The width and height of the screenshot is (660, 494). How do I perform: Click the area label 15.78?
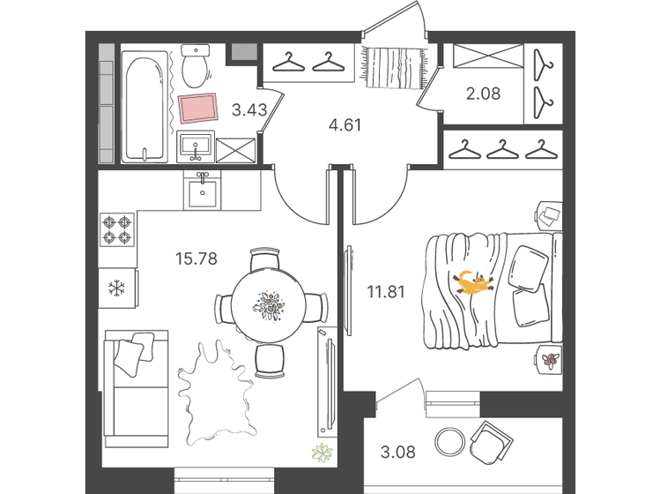point(197,258)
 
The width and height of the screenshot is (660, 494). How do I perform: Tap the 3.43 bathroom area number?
point(249,110)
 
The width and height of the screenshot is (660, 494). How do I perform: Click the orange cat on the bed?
point(472,283)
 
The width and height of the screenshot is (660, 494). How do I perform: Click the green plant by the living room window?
point(321,454)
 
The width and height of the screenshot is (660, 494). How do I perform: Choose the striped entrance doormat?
point(393,67)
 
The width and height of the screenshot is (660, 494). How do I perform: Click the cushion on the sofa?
point(128,355)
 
